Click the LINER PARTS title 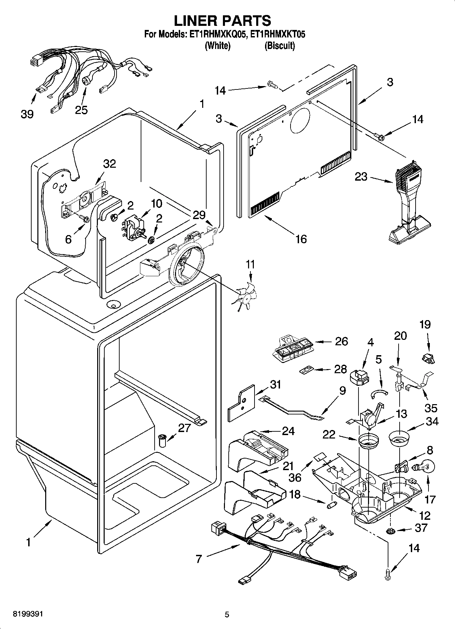[x=223, y=21]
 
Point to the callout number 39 [x=27, y=114]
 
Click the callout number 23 [x=361, y=177]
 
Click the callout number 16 [x=301, y=239]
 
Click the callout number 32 [x=109, y=164]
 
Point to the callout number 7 [x=199, y=558]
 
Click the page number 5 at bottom [x=227, y=614]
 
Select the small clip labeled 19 [x=428, y=358]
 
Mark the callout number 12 [x=425, y=515]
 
